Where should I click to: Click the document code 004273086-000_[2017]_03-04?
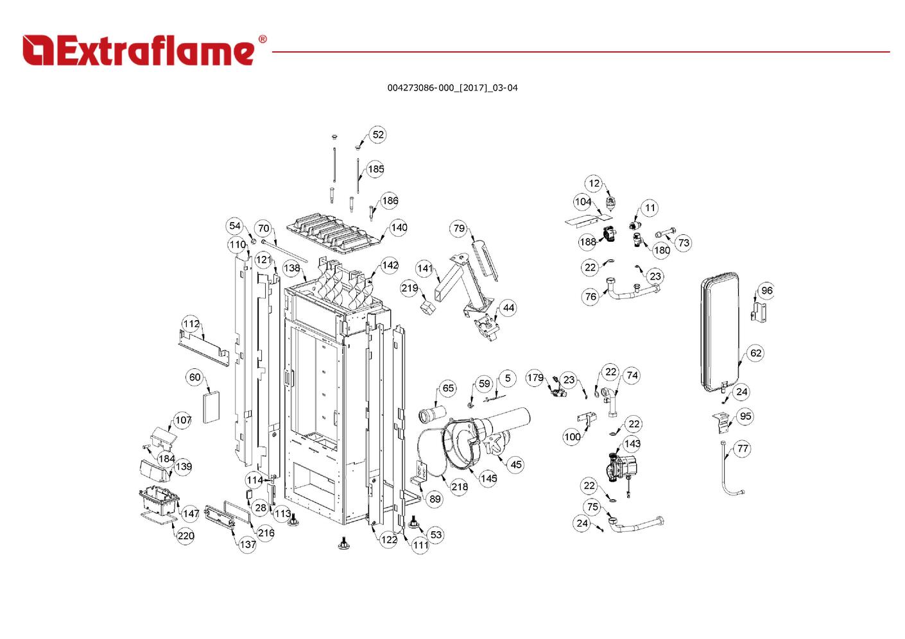pos(452,88)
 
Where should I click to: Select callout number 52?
pos(378,135)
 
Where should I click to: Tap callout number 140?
pos(399,228)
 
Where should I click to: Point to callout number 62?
pos(755,353)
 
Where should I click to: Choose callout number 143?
pos(632,444)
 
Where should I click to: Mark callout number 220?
pos(185,536)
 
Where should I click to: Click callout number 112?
pos(191,324)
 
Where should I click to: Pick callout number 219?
pos(409,288)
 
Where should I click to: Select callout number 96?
pos(767,291)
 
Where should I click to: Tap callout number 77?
pos(743,448)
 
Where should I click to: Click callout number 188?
pos(587,242)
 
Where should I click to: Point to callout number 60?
pos(194,377)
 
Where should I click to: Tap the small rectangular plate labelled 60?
pos(211,407)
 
